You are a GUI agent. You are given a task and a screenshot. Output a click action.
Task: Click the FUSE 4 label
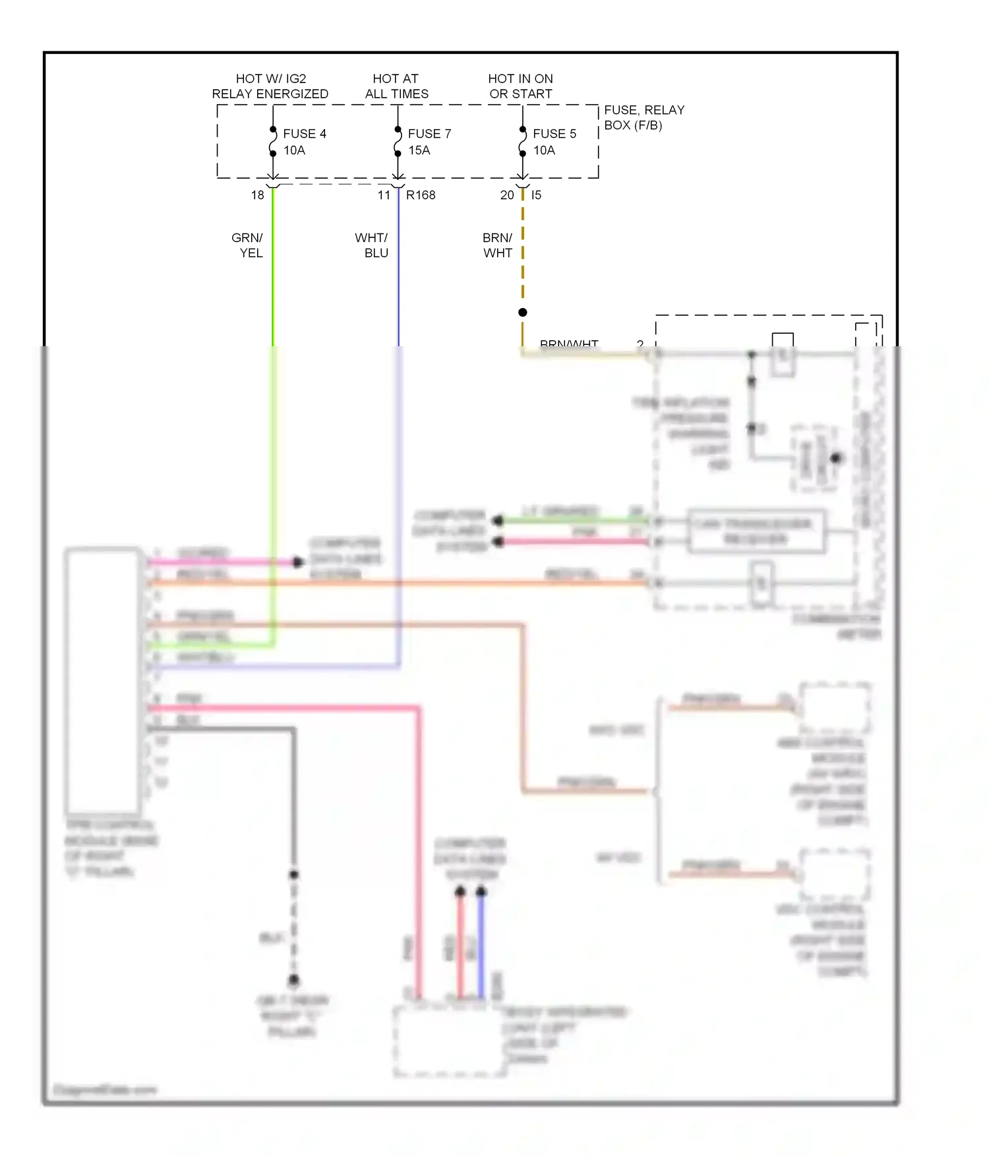304,134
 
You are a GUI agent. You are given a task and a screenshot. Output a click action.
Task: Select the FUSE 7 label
429,134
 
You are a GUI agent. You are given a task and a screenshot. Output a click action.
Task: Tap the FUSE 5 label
554,134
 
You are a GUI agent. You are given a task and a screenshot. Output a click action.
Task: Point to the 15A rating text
419,150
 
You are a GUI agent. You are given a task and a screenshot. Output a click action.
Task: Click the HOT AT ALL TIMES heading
396,86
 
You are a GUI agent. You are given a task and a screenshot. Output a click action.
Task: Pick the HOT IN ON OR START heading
520,86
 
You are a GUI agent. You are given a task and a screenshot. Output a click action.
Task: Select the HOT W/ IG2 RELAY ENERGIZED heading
270,86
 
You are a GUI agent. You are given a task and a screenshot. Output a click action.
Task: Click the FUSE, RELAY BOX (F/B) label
644,117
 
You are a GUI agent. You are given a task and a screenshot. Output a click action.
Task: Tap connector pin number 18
257,195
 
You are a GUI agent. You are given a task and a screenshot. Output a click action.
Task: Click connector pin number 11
384,195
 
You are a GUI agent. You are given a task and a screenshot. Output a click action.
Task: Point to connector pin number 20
506,195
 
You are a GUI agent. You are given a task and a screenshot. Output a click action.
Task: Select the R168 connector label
421,195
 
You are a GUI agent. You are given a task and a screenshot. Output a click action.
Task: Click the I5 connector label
536,195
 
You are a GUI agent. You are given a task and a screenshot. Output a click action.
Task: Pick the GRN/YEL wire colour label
248,245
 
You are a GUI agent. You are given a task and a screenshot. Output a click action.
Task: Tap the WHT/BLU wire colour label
372,245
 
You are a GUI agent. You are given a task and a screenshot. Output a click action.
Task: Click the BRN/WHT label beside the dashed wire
497,245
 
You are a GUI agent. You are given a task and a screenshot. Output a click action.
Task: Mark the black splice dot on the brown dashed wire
523,313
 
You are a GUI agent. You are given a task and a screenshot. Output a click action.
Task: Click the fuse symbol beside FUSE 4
273,142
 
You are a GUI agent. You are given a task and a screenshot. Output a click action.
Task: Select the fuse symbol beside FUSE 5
523,142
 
